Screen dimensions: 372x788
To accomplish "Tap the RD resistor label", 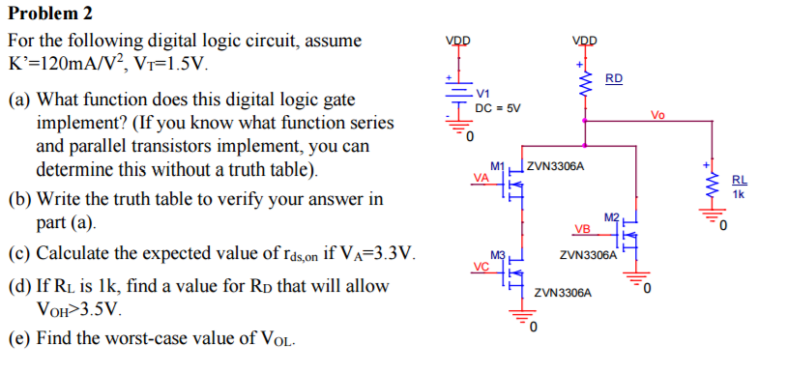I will point(614,77).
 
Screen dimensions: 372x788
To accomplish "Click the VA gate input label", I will point(481,177).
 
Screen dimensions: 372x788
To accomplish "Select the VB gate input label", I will point(581,229).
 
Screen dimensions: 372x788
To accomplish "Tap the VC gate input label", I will point(481,266).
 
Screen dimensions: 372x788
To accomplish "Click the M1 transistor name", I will point(499,166).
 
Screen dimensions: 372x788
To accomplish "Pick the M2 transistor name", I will point(609,217).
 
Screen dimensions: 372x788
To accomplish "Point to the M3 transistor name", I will point(499,255).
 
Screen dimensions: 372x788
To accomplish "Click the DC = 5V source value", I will point(498,107).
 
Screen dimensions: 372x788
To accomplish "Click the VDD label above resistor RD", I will point(585,41).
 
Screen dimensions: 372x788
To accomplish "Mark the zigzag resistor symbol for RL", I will point(715,184).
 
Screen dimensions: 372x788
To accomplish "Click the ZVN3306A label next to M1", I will point(556,167).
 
